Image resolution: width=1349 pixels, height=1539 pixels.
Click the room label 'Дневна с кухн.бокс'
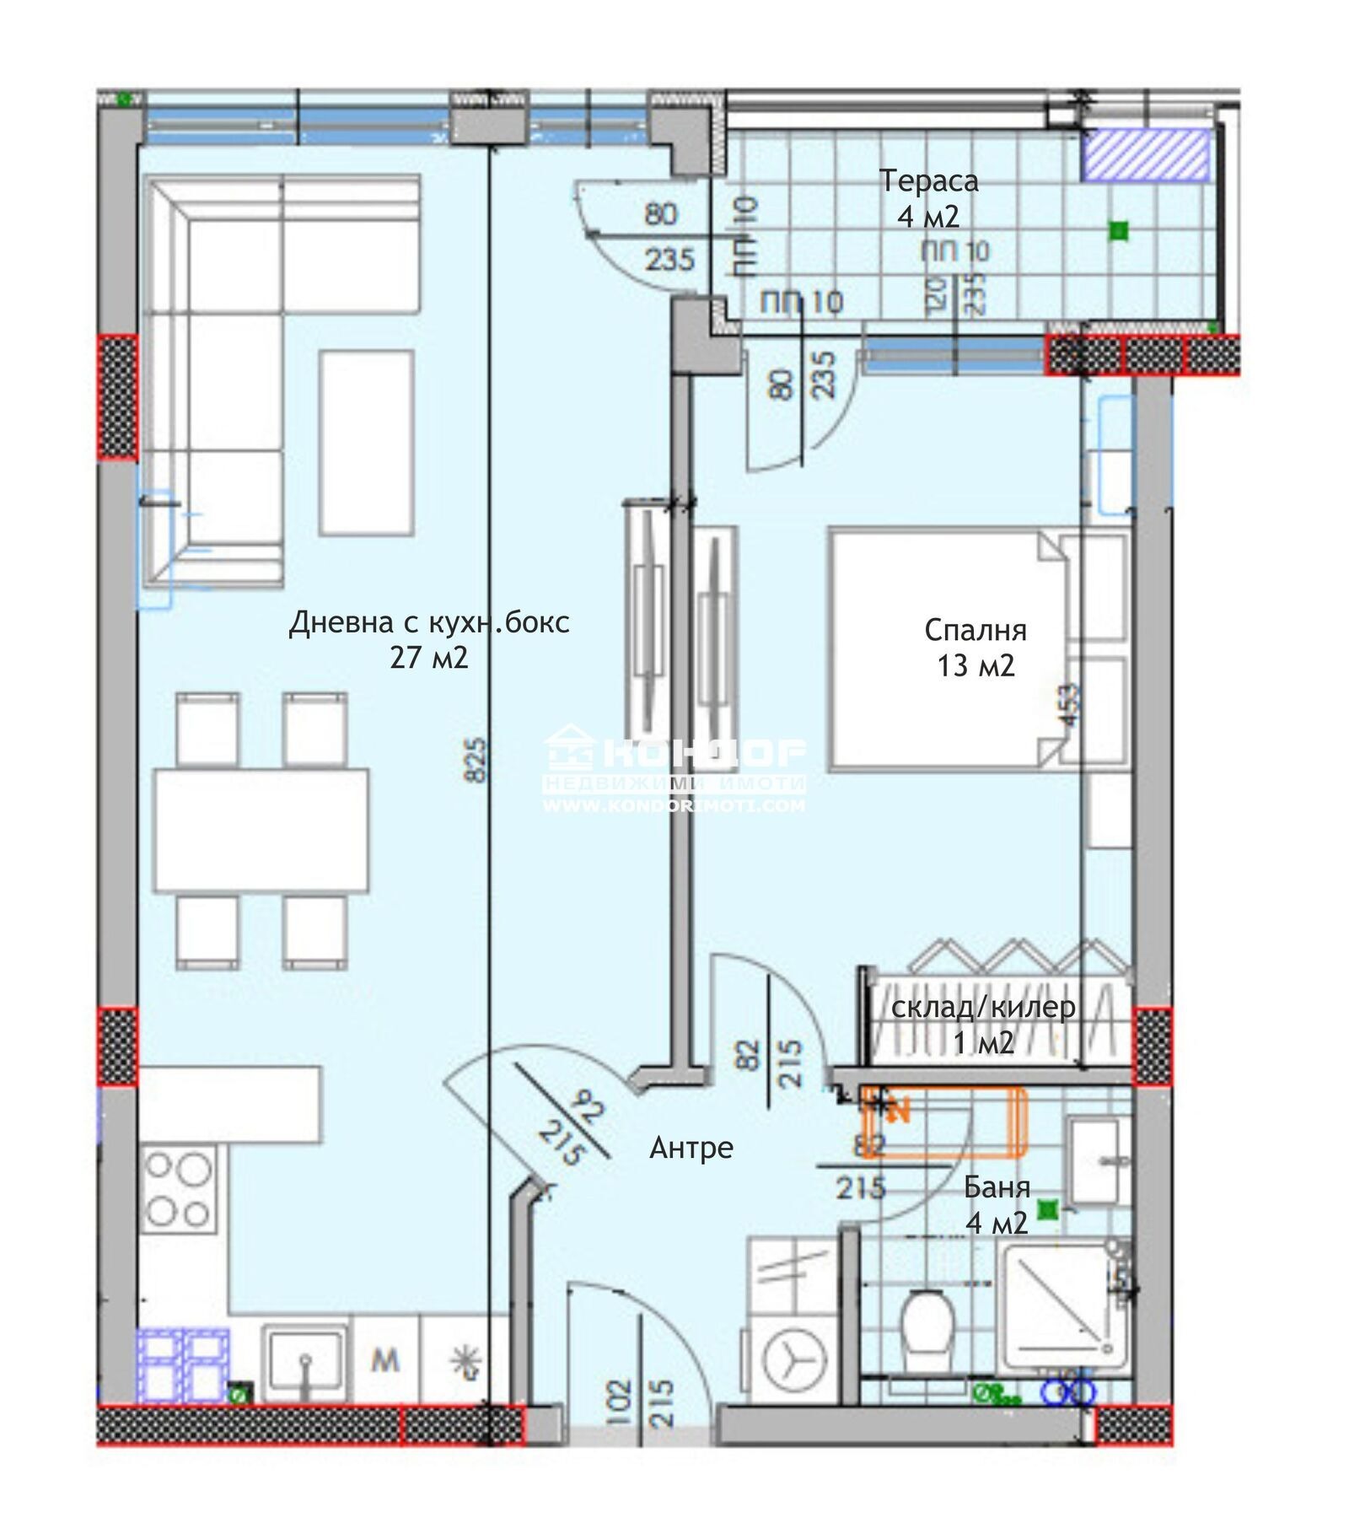pyautogui.click(x=428, y=622)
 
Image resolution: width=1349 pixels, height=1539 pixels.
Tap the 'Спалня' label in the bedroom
pyautogui.click(x=975, y=630)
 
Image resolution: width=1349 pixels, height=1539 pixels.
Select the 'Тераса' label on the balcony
pyautogui.click(x=929, y=180)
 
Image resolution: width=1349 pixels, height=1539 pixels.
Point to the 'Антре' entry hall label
pyautogui.click(x=691, y=1147)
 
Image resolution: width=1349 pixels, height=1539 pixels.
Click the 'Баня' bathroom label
pyautogui.click(x=997, y=1187)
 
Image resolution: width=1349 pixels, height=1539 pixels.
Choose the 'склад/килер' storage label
pyautogui.click(x=983, y=1007)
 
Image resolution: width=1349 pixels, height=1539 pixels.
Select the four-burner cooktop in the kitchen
pyautogui.click(x=178, y=1190)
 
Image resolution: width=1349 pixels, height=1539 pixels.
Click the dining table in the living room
pyautogui.click(x=261, y=830)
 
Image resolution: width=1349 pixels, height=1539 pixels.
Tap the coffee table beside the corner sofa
pyautogui.click(x=367, y=443)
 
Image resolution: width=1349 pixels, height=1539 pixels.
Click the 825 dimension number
pyautogui.click(x=476, y=760)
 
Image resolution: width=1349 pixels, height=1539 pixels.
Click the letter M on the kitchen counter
pyautogui.click(x=385, y=1360)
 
